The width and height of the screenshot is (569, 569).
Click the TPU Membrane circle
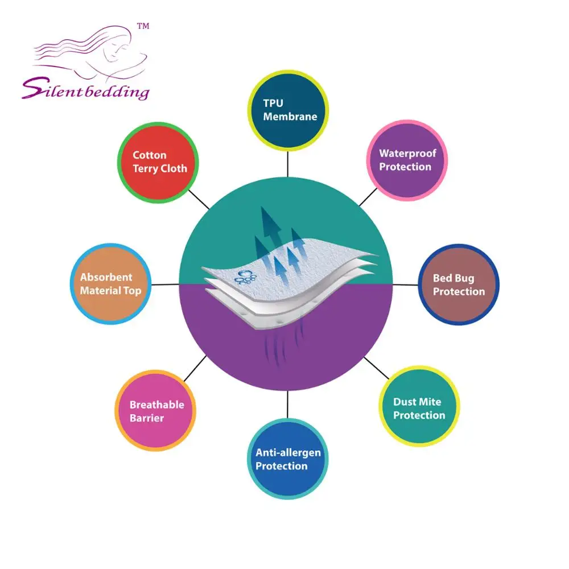288,110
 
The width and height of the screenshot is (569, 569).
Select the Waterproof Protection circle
406,160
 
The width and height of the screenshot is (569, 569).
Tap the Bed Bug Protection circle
459,284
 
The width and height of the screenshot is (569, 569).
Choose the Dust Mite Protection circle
419,408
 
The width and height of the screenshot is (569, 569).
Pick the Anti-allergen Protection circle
288,459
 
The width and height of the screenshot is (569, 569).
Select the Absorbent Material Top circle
110,284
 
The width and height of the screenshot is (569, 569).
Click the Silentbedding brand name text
85,90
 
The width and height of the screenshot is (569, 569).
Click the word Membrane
290,117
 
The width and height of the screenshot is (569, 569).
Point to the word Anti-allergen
288,453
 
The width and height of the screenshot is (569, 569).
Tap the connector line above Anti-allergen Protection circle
288,405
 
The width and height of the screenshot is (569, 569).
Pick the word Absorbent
106,278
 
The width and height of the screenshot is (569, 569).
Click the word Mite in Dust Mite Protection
430,402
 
